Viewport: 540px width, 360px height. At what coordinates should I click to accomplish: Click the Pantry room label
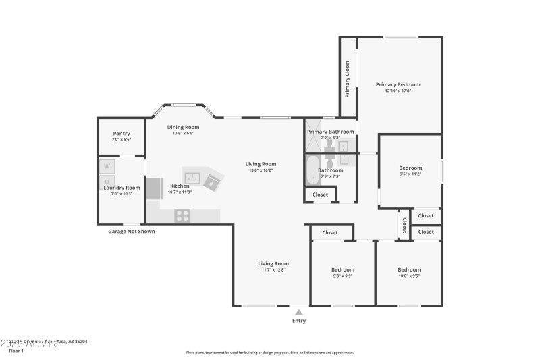pos(122,133)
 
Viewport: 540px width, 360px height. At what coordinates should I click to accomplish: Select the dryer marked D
pos(107,182)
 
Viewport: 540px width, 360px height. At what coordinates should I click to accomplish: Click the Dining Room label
pos(184,127)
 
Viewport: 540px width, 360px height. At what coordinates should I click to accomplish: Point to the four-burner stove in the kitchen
pos(182,215)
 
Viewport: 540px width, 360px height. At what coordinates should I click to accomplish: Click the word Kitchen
pos(180,186)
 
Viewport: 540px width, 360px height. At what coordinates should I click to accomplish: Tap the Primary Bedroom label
pos(398,84)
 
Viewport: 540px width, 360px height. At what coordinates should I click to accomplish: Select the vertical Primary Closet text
pos(348,79)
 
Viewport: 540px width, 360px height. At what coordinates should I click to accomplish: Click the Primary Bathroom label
pos(331,132)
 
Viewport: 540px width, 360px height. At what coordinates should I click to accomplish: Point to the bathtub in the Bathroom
pos(313,172)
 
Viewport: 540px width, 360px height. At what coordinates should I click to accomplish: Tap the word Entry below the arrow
pos(299,321)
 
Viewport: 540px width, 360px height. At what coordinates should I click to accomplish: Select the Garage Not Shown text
pos(132,231)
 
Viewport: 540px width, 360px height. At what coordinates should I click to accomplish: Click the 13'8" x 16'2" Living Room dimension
pos(261,170)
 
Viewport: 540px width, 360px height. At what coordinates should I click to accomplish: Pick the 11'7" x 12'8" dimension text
pos(273,269)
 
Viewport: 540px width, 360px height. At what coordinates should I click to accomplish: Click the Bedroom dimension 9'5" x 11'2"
pos(410,174)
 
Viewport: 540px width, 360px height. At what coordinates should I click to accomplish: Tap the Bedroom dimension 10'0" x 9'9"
pos(409,276)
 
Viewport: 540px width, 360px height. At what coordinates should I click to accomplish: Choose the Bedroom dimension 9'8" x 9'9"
pos(343,276)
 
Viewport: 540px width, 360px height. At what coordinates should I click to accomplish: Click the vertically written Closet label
pos(404,225)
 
